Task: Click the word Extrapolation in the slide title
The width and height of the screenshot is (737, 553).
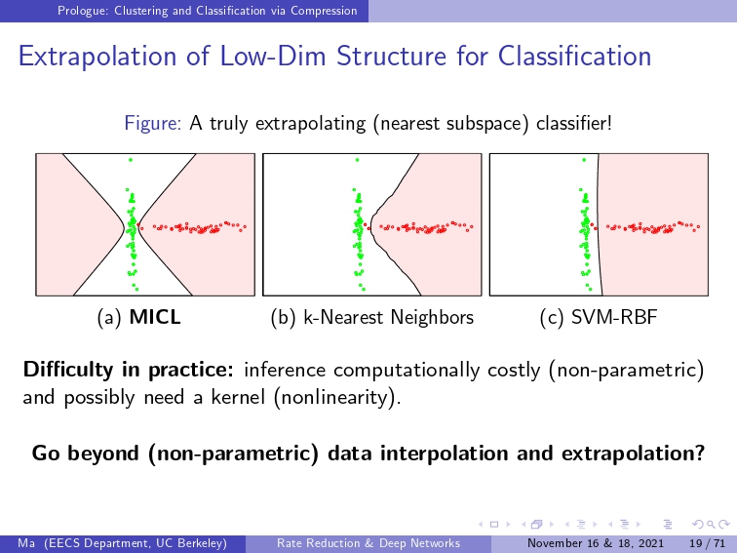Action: [x=97, y=57]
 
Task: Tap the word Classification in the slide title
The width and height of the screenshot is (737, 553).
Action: [x=574, y=56]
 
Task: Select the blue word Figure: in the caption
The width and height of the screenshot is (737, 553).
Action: [x=153, y=124]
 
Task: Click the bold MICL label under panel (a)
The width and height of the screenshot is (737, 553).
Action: [x=155, y=317]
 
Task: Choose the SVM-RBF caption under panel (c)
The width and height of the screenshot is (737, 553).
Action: [x=614, y=317]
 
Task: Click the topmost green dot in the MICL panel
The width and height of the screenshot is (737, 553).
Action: [x=131, y=160]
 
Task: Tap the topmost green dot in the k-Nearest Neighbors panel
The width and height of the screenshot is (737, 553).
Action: [x=357, y=160]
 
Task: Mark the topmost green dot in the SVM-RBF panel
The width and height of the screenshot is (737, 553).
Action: [x=584, y=160]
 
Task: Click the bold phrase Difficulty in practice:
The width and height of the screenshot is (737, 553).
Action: [x=129, y=370]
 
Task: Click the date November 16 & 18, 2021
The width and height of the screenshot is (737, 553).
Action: [x=595, y=543]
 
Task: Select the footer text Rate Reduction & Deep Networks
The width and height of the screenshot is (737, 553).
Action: [x=368, y=543]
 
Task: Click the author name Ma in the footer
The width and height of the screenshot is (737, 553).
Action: [x=26, y=543]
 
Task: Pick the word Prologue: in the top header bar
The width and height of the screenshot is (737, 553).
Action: [x=82, y=11]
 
